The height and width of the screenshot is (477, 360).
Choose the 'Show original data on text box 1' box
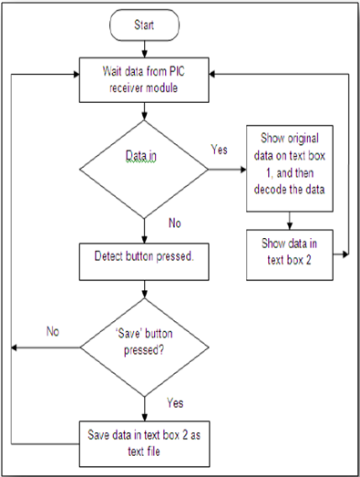288,170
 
